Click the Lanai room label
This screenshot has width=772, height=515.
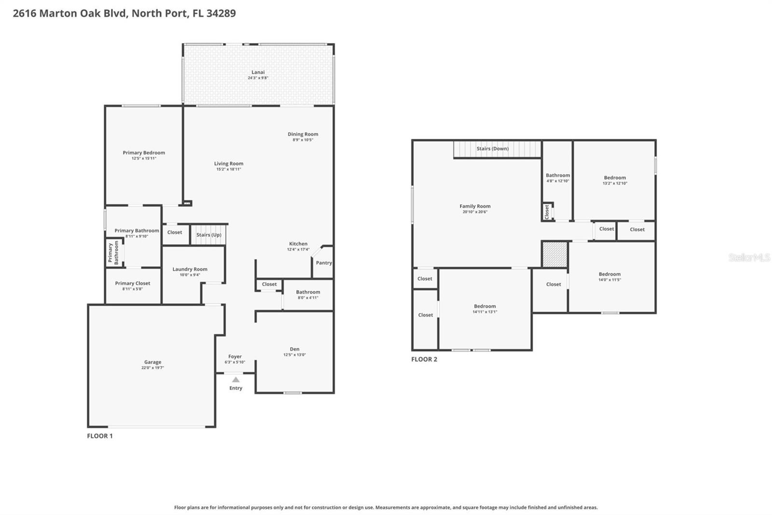pos(258,72)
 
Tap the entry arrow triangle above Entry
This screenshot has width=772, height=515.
pos(235,380)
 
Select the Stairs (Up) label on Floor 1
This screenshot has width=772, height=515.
pos(208,235)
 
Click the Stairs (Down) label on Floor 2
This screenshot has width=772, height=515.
pos(492,149)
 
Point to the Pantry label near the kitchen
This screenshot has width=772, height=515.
pos(324,263)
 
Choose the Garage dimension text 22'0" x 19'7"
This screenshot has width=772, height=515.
pos(152,368)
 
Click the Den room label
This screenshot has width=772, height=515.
pos(294,349)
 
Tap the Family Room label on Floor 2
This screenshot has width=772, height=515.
pos(475,206)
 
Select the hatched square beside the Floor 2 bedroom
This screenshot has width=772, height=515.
pos(554,254)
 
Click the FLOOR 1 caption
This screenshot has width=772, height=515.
pos(100,436)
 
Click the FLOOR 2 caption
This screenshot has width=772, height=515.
pos(424,359)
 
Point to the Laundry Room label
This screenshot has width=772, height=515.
pos(190,269)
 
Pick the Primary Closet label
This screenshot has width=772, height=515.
pos(133,284)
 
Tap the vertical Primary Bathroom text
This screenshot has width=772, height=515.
pos(113,253)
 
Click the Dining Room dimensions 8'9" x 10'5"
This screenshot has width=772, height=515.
pos(303,140)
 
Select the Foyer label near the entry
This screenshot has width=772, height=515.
pos(235,357)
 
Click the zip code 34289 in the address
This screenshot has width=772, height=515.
pos(221,14)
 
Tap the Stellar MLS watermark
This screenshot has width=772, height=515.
pos(749,257)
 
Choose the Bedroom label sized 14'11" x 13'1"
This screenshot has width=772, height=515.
pos(484,306)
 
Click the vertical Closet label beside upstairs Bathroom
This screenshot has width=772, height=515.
pos(547,211)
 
